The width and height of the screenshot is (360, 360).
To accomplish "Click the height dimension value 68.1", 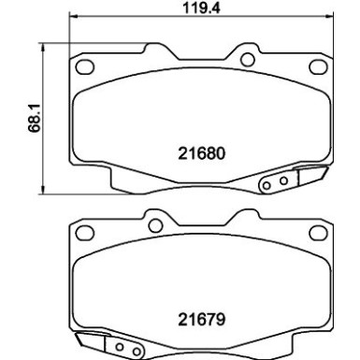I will pyautogui.click(x=35, y=113).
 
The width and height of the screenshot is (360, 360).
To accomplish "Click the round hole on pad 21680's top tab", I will pyautogui.click(x=247, y=59).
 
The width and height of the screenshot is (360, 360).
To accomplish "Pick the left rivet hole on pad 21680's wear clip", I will pyautogui.click(x=267, y=184).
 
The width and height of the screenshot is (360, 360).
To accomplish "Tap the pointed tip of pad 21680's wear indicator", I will pyautogui.click(x=324, y=172).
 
